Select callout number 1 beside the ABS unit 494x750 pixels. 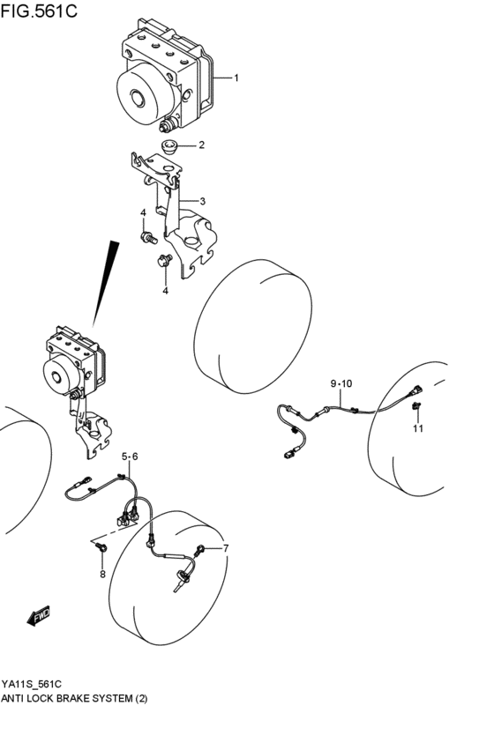(236, 78)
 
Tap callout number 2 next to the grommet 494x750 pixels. (201, 145)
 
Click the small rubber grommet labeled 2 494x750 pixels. (168, 146)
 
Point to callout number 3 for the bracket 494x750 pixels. (202, 202)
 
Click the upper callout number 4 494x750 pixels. (143, 214)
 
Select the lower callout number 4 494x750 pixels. (164, 291)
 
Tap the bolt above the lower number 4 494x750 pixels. (163, 261)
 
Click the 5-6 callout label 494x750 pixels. (130, 457)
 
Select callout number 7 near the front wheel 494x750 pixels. (226, 549)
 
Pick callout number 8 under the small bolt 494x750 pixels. (101, 575)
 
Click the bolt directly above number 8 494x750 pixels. (101, 549)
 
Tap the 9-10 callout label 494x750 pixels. (341, 383)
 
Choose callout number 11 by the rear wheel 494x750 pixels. (418, 429)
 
